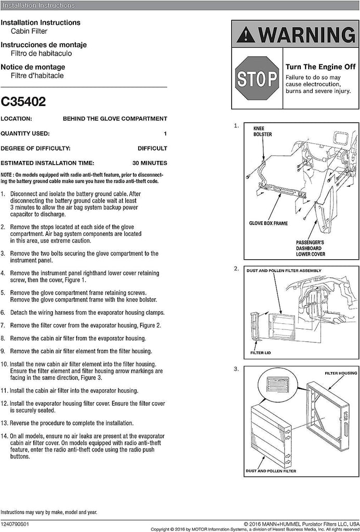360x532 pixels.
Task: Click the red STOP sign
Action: click(x=257, y=79)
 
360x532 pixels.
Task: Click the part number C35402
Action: click(x=23, y=101)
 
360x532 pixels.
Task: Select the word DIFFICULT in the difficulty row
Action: click(x=152, y=148)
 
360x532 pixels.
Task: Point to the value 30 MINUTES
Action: click(x=150, y=163)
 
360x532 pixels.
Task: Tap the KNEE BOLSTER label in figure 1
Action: click(x=262, y=131)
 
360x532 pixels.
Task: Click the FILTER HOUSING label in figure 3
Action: click(x=341, y=373)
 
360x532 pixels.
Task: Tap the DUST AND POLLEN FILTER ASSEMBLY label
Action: click(x=284, y=271)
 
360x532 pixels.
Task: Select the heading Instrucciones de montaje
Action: click(x=44, y=45)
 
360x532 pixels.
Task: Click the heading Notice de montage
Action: click(x=33, y=67)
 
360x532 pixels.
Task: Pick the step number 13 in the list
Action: click(x=4, y=423)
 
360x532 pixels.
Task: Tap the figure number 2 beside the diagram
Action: click(x=236, y=269)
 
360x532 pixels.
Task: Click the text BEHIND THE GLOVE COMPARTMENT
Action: click(x=115, y=118)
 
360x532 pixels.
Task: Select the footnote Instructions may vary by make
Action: click(x=49, y=512)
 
